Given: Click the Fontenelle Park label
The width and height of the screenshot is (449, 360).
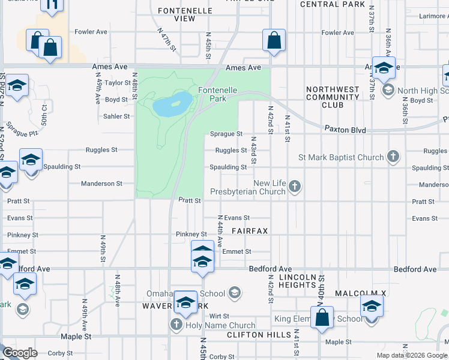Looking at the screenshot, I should (x=212, y=94).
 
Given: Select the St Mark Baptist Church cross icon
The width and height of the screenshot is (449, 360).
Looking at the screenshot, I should (x=393, y=157).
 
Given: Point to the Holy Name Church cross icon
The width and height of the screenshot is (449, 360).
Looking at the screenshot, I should (x=176, y=325).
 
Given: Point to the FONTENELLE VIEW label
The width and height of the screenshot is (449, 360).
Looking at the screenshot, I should (x=176, y=14).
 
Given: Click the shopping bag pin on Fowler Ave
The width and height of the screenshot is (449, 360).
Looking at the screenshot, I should (x=274, y=41).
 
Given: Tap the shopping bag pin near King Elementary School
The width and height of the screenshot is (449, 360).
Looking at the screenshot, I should (x=322, y=319).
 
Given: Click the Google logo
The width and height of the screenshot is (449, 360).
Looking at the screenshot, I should (x=20, y=353).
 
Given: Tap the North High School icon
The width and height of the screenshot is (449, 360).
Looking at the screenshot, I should (x=387, y=91).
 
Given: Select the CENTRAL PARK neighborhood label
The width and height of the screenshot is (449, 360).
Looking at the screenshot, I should (x=332, y=4).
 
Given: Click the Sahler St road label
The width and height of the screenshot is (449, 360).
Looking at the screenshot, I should (x=116, y=116).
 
